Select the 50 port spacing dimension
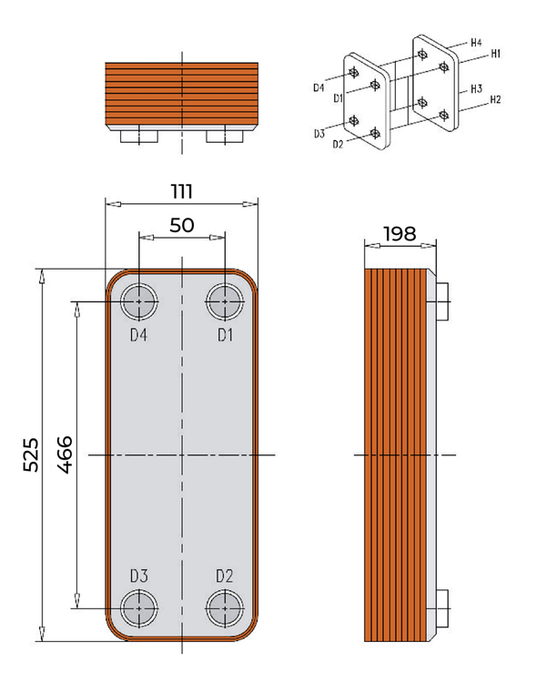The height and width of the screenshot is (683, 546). tap(181, 225)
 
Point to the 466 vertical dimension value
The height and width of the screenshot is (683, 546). tap(65, 454)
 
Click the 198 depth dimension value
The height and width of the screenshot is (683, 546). tap(399, 233)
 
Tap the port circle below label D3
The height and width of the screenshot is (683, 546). tap(138, 607)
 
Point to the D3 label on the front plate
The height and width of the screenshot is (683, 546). tap(138, 576)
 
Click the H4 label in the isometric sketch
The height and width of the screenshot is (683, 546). tap(476, 43)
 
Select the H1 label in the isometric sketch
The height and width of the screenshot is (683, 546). tap(496, 55)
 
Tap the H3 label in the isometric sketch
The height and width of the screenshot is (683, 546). tap(476, 90)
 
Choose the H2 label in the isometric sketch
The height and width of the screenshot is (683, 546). tap(496, 99)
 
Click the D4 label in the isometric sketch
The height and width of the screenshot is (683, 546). tap(318, 88)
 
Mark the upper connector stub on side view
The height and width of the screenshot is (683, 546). tap(443, 301)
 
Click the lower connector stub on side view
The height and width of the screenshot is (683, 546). tap(443, 607)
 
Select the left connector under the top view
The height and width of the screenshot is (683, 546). tap(138, 137)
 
